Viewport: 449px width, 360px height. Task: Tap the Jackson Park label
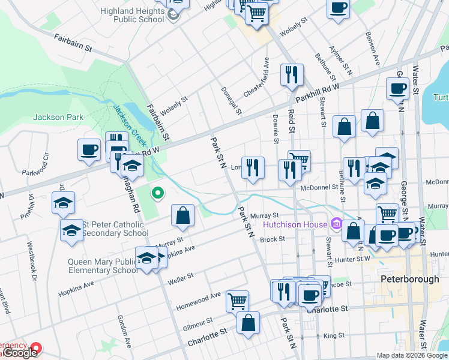(56, 118)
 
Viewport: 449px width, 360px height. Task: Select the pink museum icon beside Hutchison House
(336, 224)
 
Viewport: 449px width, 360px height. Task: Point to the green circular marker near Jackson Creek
(158, 193)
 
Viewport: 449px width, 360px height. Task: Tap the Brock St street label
(271, 239)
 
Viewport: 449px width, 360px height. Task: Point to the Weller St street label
(181, 277)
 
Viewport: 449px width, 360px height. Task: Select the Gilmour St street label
(197, 322)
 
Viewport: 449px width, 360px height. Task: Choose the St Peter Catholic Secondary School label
(115, 229)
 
